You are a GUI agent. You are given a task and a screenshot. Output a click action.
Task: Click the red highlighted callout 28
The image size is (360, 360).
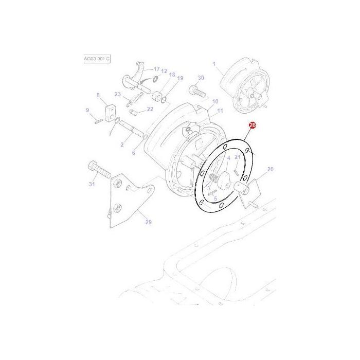click(x=252, y=125)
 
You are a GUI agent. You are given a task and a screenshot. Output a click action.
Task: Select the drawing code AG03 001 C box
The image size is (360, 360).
click(x=97, y=59)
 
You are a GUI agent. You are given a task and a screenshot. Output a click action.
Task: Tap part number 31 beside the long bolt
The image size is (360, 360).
click(x=92, y=185)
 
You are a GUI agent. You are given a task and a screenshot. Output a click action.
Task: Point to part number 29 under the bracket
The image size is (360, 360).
click(x=149, y=222)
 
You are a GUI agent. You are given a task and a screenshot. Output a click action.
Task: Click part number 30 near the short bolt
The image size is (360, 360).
click(x=201, y=78)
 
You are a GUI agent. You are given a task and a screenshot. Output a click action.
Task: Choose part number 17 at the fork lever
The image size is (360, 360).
click(x=157, y=69)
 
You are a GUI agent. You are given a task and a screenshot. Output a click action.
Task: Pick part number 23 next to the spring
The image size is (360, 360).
click(x=118, y=94)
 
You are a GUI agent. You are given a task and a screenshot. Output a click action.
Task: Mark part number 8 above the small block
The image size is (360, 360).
click(x=97, y=95)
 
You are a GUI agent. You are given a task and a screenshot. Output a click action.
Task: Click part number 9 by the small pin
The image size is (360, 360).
click(x=87, y=110)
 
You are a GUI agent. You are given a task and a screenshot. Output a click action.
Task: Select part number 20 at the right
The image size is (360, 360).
click(x=271, y=169)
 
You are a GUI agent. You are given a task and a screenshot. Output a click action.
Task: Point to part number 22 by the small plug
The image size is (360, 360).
click(x=150, y=109)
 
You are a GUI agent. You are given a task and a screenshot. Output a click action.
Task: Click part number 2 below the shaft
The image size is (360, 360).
click(x=122, y=145)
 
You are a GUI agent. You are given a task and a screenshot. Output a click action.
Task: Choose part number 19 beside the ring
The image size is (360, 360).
click(x=180, y=78)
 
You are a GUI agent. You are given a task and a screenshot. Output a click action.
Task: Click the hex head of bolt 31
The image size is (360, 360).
click(x=93, y=167)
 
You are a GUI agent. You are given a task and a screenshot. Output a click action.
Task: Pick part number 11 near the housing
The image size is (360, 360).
click(x=220, y=111)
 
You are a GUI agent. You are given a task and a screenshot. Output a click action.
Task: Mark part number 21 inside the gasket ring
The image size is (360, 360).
click(x=237, y=157)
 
